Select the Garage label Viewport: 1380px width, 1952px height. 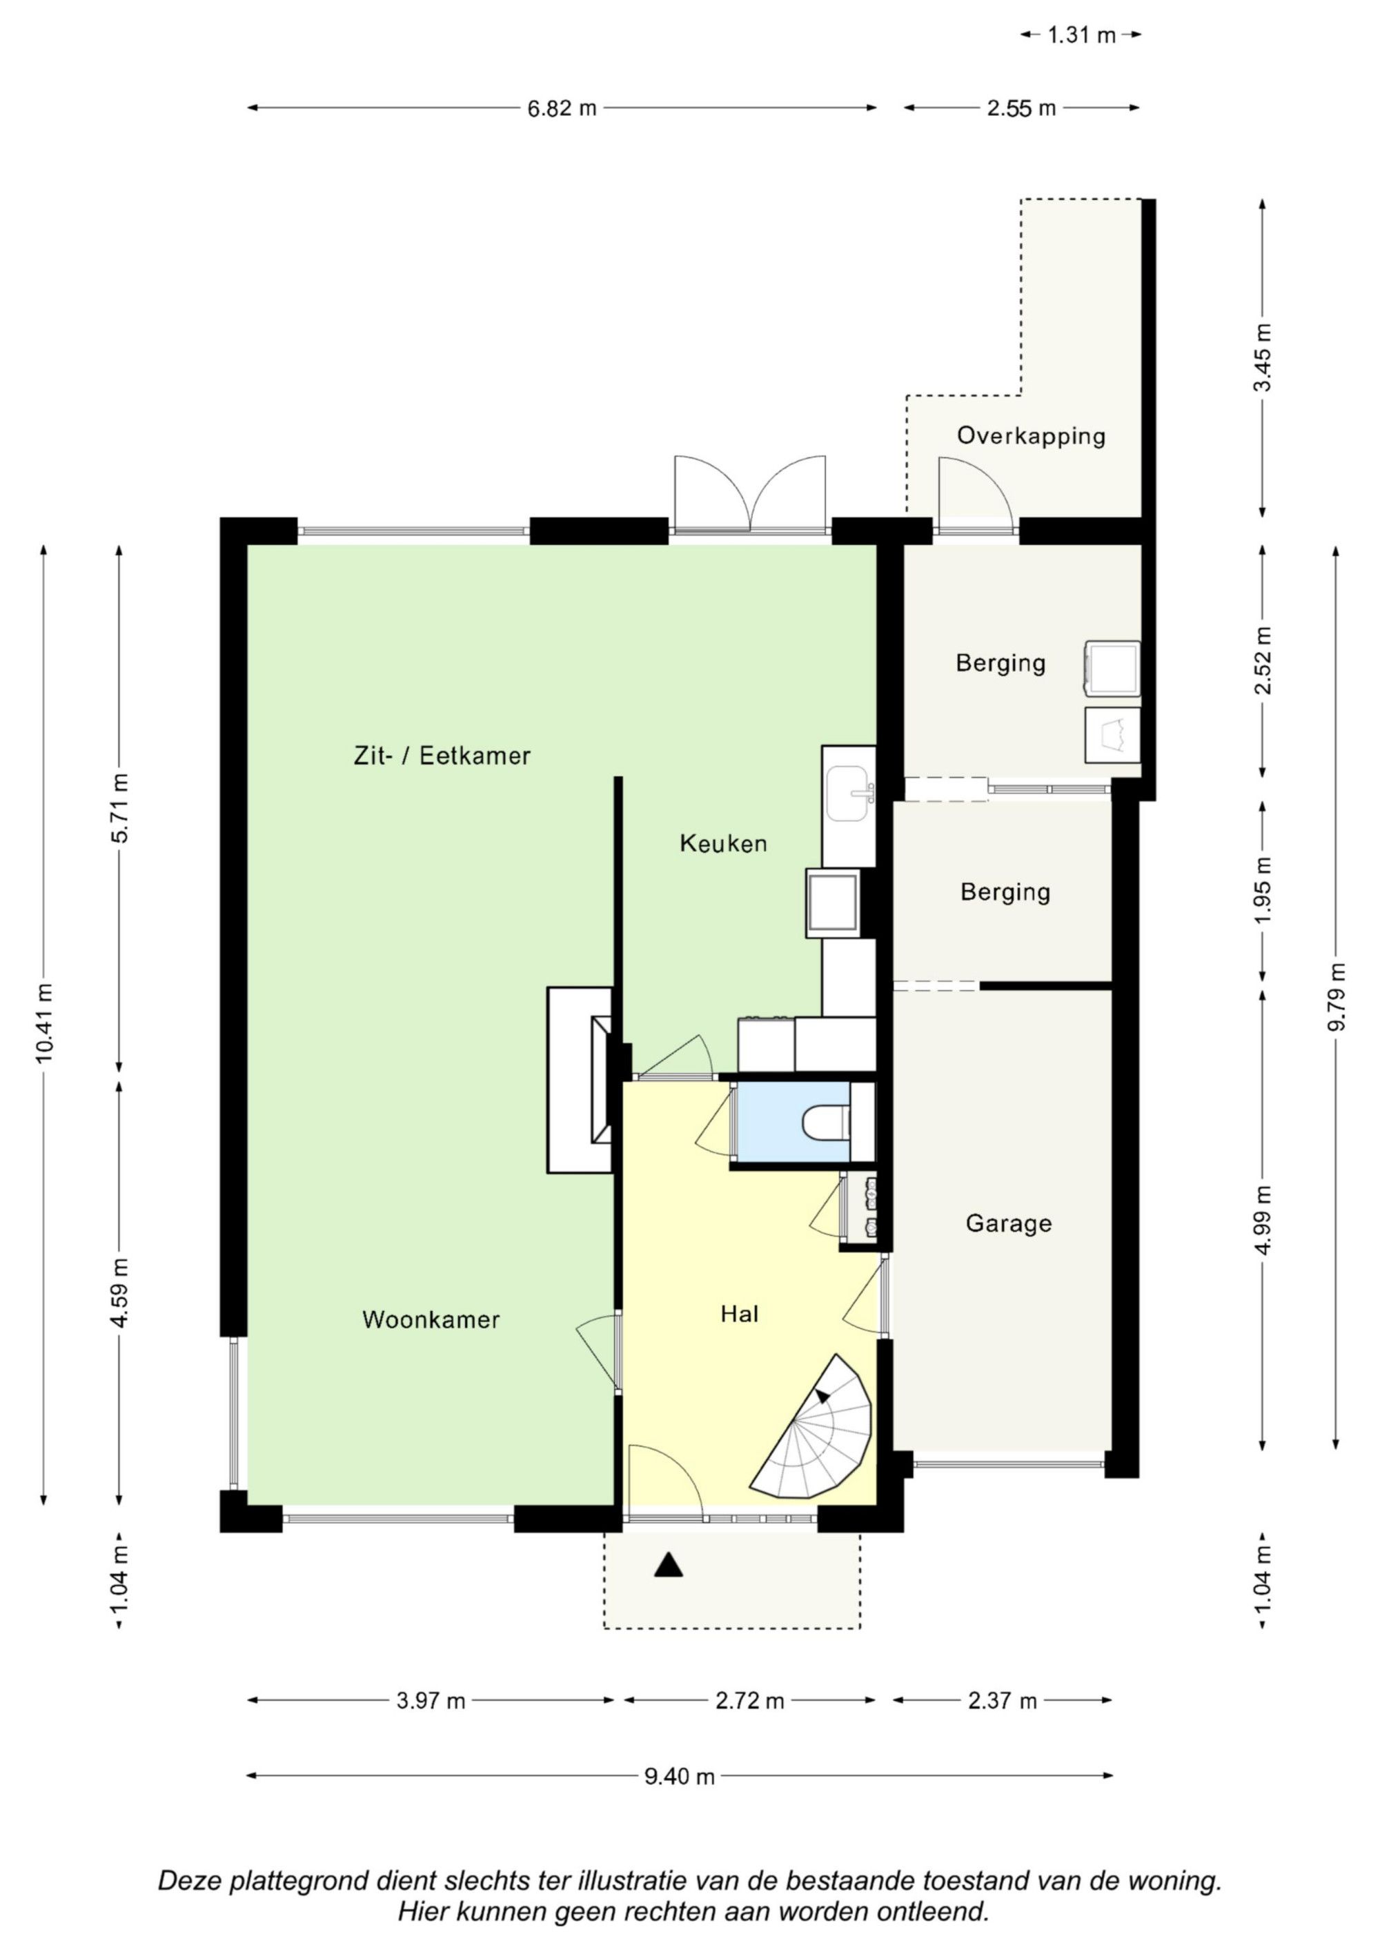(1008, 1223)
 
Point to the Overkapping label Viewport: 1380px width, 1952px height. (1032, 435)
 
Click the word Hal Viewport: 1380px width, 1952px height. (739, 1314)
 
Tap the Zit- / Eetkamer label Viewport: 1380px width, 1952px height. (442, 755)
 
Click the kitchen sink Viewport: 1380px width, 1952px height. (849, 794)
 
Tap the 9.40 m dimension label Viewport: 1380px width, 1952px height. (680, 1776)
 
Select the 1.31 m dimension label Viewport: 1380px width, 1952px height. (1081, 35)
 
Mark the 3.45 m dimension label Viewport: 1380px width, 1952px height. (1263, 357)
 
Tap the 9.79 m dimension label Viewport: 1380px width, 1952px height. (1337, 996)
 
